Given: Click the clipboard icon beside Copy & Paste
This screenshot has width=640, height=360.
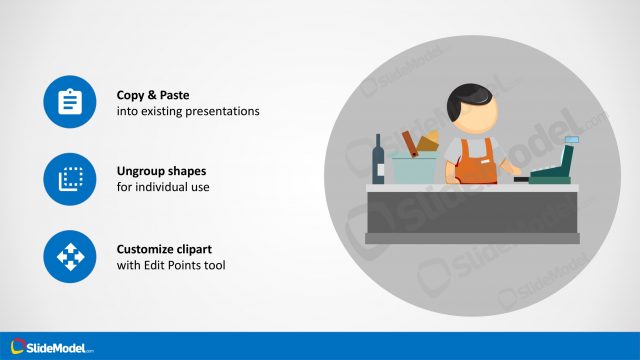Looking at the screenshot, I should point(70,102).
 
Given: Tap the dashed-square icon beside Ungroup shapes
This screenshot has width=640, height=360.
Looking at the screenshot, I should point(70,179).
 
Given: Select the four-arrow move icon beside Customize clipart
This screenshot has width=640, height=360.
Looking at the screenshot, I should point(70,256).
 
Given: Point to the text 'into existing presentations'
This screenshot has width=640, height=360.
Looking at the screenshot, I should point(188,111).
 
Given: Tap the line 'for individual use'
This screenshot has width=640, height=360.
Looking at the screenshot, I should point(163,187).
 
